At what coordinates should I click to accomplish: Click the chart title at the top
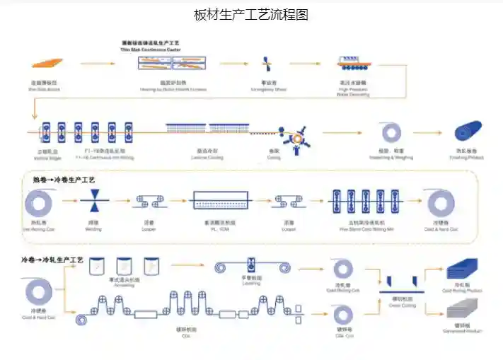251,15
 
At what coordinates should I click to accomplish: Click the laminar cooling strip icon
206,129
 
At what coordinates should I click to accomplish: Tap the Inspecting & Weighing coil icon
391,132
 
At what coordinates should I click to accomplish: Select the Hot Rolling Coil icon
38,204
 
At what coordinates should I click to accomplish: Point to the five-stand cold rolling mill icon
366,202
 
